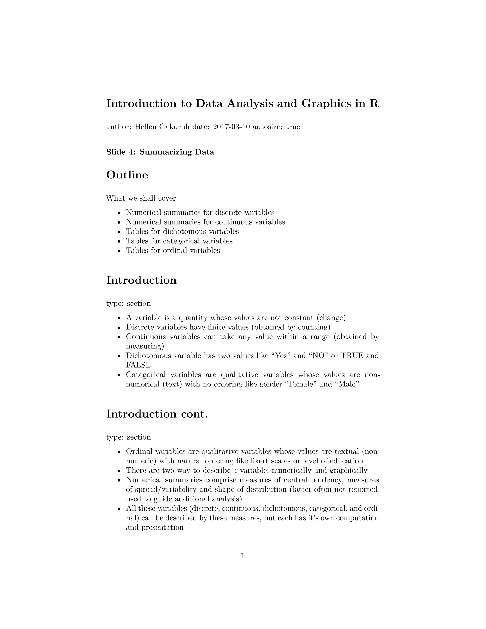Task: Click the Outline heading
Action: click(127, 175)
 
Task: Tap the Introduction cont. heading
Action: click(157, 414)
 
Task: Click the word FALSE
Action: click(139, 365)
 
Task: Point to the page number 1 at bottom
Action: click(243, 556)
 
